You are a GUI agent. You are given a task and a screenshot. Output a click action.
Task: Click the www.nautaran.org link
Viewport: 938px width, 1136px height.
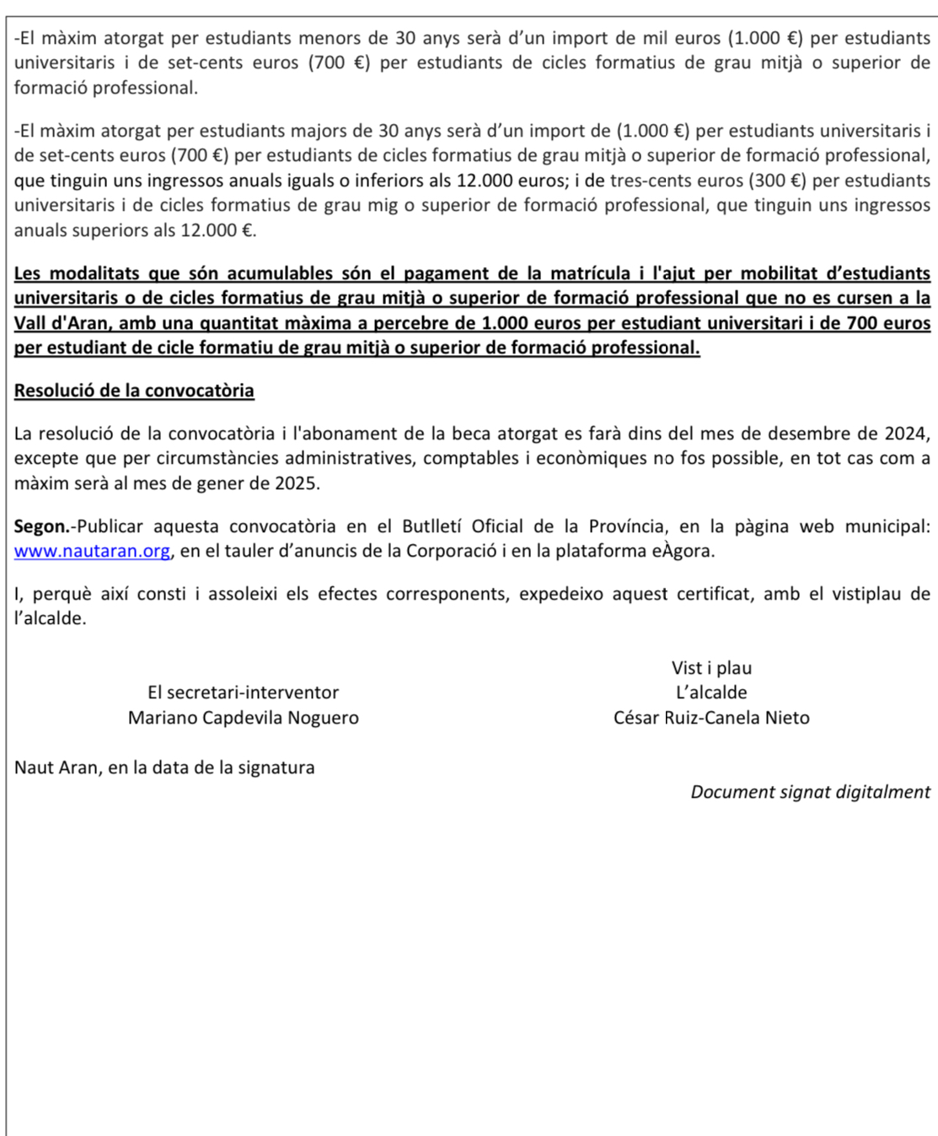[x=92, y=552]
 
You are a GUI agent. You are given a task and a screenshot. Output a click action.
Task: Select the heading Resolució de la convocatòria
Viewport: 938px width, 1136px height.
[x=134, y=390]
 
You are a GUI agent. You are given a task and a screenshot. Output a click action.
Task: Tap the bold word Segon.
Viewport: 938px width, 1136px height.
[x=42, y=526]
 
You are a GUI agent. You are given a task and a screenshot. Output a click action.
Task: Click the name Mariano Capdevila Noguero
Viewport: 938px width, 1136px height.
[x=243, y=718]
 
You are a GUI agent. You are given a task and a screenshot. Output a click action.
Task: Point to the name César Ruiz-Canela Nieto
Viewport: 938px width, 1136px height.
[x=711, y=718]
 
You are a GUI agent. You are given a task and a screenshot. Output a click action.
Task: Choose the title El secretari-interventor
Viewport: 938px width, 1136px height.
[x=243, y=692]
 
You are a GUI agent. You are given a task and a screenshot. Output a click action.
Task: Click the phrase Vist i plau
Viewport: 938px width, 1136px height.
[x=711, y=668]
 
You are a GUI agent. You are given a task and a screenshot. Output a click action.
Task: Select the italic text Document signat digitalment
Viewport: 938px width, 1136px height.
[x=810, y=792]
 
